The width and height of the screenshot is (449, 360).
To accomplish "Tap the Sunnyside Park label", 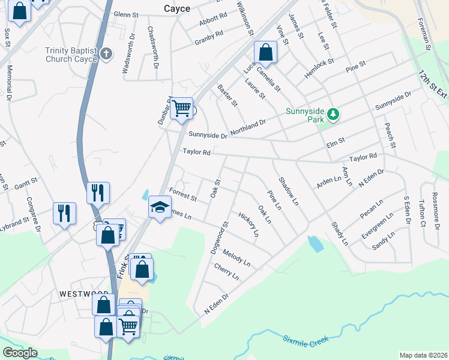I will (x=304, y=116).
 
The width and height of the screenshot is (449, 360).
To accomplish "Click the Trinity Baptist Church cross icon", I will (x=106, y=55).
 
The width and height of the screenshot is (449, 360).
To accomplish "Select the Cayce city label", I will (x=177, y=8).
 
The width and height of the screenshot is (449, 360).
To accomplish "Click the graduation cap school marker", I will (x=160, y=208).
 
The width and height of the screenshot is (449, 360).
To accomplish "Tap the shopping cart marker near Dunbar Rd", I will (x=181, y=109).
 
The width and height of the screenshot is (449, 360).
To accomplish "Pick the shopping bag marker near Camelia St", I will (x=265, y=52).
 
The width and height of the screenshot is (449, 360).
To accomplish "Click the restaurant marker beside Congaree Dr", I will (x=64, y=214).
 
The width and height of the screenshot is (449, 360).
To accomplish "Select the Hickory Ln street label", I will (x=249, y=223).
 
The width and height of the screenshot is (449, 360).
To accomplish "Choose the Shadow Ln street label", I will (x=288, y=191).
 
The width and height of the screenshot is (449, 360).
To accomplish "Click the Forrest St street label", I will (x=183, y=194).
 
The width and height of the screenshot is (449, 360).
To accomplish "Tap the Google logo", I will (x=20, y=353).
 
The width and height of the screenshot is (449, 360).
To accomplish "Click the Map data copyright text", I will (x=423, y=355).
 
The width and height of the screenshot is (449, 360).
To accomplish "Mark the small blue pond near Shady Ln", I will (x=315, y=244).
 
